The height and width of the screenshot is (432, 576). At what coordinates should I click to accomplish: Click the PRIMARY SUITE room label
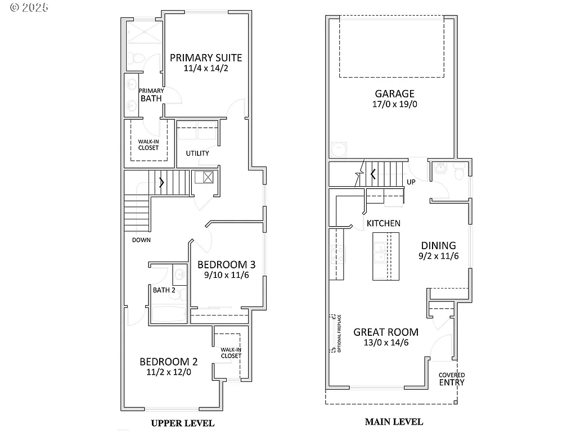point(206,57)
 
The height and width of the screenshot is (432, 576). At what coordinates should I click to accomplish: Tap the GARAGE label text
point(395,94)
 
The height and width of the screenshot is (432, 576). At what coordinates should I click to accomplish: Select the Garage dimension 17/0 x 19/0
point(395,105)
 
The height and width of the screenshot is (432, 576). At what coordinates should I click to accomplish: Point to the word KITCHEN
point(384,223)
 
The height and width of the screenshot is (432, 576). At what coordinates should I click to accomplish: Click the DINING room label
point(439,245)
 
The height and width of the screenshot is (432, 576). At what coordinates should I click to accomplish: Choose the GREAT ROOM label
point(386,332)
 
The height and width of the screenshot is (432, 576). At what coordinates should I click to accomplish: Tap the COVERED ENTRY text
point(452,379)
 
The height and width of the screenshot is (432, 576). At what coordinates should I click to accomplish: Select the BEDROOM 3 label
point(227,264)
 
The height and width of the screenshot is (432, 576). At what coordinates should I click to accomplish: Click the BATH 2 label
point(164,290)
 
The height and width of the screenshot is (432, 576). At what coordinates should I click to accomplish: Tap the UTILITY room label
point(197,153)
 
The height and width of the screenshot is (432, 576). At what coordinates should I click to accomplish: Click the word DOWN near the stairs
point(141,240)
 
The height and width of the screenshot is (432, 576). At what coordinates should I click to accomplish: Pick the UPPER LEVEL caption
point(183,423)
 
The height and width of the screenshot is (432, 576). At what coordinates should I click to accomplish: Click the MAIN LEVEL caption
point(394,421)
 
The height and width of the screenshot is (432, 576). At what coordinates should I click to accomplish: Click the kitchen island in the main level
point(385,256)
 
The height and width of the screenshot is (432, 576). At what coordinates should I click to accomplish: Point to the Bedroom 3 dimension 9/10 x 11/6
point(227,275)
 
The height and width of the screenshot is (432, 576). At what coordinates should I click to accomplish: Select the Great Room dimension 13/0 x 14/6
point(386,343)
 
